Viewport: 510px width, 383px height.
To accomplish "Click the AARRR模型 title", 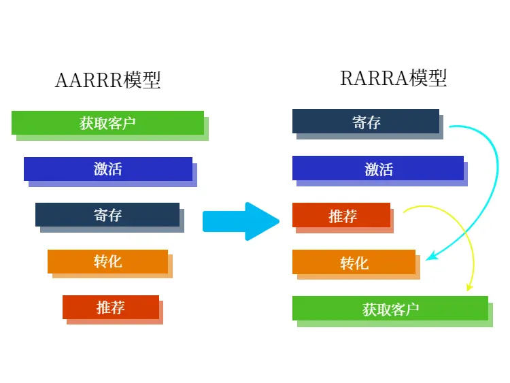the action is point(108,80).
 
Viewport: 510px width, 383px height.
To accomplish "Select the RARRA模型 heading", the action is point(393,78).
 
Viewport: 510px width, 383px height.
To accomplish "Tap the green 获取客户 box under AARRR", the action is point(107,122).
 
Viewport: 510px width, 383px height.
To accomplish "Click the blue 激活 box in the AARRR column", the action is point(108,169).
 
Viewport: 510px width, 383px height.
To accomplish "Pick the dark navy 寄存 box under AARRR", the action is point(107,214).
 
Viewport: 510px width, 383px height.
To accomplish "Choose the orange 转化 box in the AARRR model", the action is point(107,261).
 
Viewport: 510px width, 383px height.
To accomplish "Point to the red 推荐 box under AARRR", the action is point(111,307).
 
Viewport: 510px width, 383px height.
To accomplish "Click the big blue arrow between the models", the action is point(241,221).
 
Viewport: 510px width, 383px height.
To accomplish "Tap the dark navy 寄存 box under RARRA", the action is point(366,121).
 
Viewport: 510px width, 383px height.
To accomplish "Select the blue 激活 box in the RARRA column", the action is point(378,168).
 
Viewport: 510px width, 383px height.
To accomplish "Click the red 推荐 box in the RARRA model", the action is point(341,215).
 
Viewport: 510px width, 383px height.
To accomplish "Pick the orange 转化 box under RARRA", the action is point(354,262).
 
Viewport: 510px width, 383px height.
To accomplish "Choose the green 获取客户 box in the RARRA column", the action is point(390,308).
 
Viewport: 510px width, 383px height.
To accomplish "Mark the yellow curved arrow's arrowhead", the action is point(469,286).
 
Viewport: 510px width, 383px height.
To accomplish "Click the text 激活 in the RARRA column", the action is point(379,169).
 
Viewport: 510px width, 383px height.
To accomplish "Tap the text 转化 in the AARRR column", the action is point(108,261).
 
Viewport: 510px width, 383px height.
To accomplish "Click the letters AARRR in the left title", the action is point(89,80).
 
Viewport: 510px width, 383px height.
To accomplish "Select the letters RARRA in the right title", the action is point(374,78).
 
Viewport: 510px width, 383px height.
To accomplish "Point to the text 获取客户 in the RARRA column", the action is point(390,309).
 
